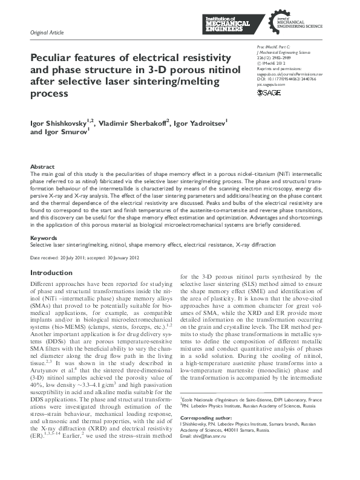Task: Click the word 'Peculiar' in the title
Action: [x=51, y=57]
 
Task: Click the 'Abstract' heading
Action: [x=42, y=166]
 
